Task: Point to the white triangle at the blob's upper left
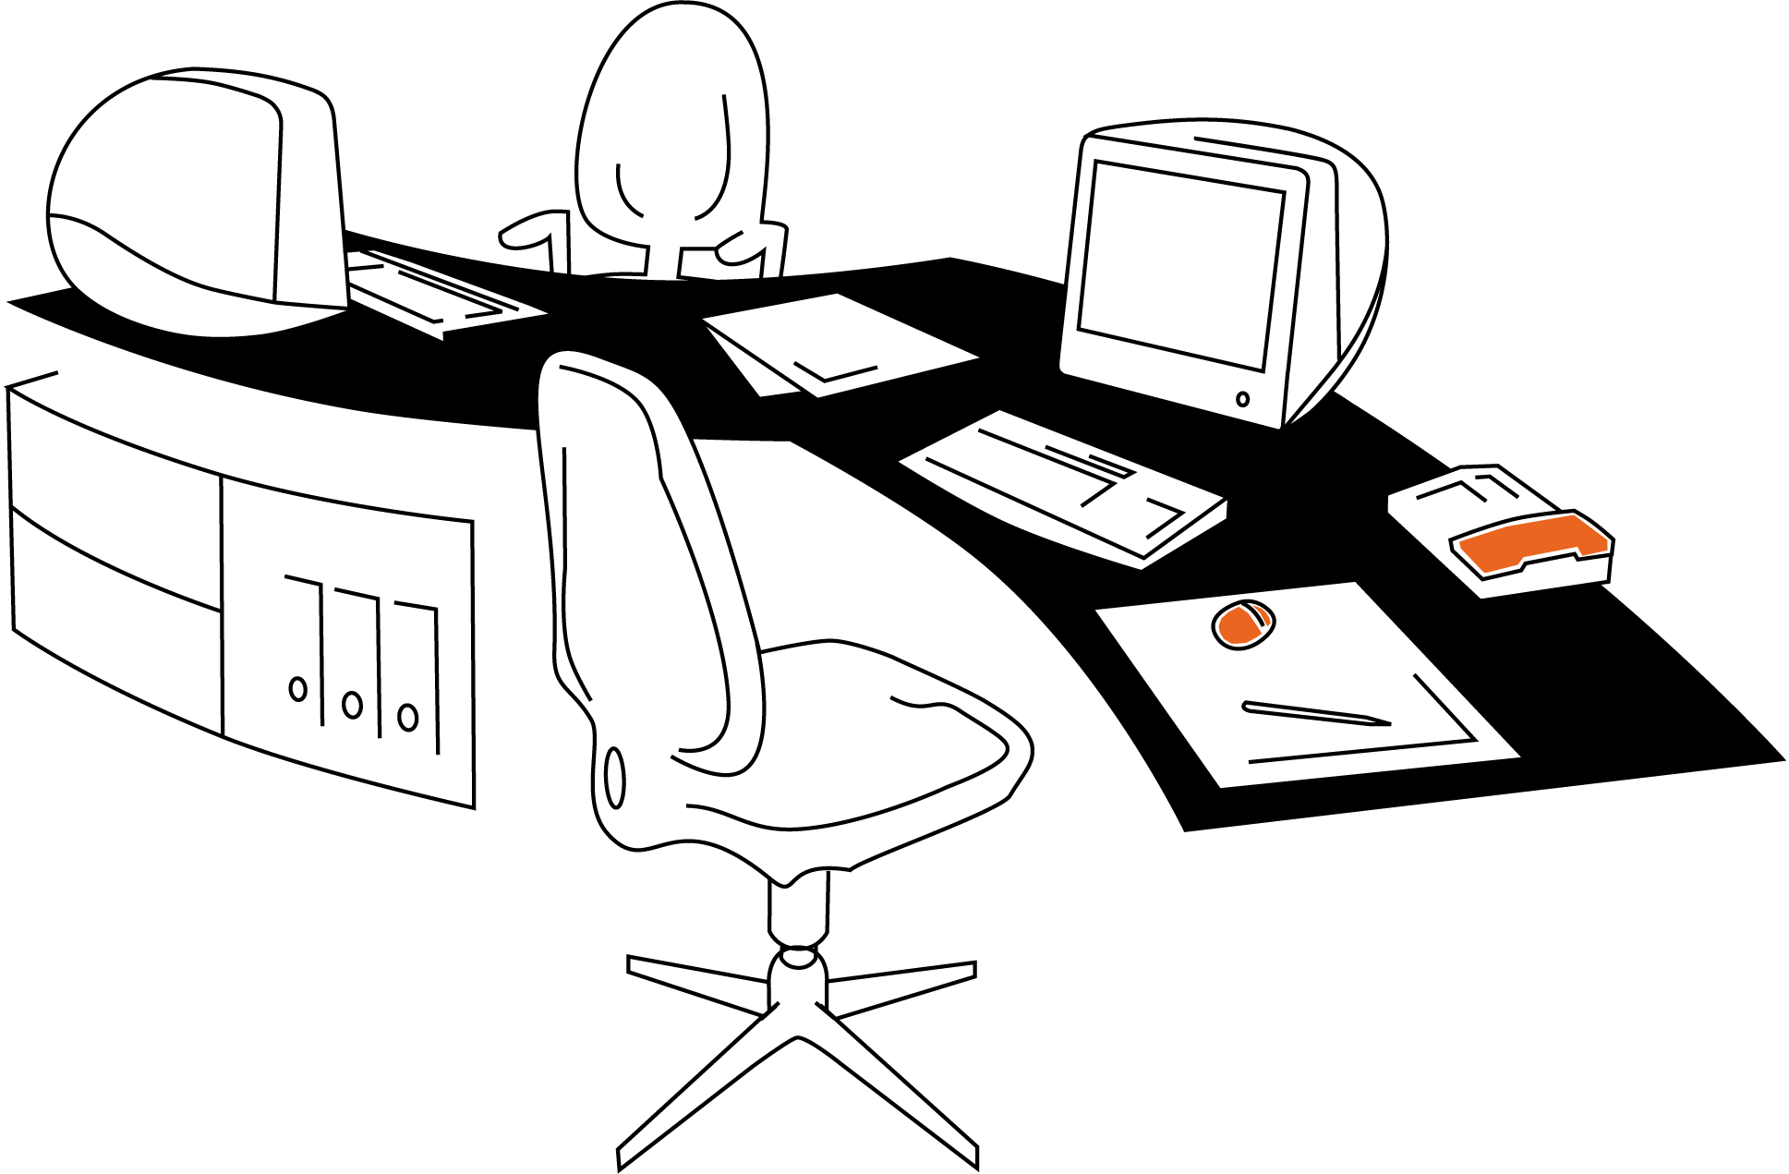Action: click(x=1221, y=608)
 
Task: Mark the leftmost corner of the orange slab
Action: click(x=1460, y=542)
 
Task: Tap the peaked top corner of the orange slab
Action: click(x=1573, y=515)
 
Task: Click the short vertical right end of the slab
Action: click(x=1607, y=544)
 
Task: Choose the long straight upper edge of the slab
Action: click(x=1541, y=521)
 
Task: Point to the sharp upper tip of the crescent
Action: click(x=1253, y=606)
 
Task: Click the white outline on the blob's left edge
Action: click(x=1218, y=626)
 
